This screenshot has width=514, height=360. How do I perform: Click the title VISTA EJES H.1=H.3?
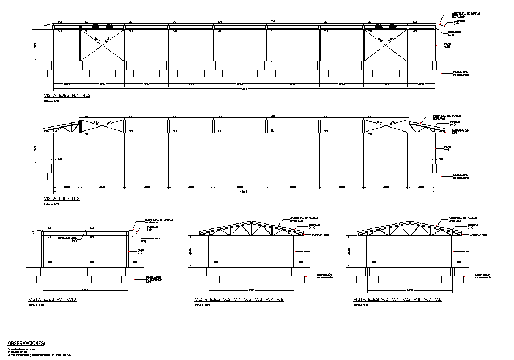tap(67, 95)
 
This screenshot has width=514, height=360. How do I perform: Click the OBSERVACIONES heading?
tap(26, 344)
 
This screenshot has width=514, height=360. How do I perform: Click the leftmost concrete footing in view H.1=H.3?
tap(53, 73)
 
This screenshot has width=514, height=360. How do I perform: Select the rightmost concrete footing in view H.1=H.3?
tap(435, 73)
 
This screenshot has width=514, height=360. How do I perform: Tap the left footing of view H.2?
tap(53, 176)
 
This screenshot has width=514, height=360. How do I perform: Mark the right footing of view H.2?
tap(435, 176)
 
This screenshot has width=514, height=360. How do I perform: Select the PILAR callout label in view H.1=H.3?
tap(447, 46)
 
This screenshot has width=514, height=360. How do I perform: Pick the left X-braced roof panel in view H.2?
tap(102, 125)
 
